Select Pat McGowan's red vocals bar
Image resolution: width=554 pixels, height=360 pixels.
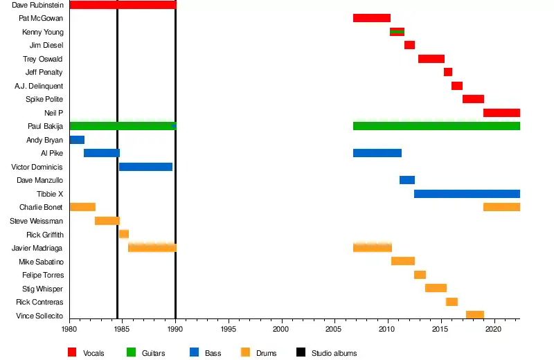point(371,18)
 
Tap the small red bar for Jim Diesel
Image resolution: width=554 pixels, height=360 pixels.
point(409,45)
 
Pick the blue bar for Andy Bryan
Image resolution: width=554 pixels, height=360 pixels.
point(77,140)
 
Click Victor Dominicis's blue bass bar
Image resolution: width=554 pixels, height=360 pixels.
point(145,167)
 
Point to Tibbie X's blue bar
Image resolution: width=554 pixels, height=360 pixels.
point(467,194)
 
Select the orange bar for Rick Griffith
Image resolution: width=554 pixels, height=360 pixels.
point(124,234)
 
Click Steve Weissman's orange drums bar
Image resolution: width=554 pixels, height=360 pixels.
point(107,221)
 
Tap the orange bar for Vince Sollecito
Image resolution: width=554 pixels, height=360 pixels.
point(474,315)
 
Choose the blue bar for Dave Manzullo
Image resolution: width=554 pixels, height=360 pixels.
point(407,180)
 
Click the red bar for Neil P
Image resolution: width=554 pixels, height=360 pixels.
point(501,113)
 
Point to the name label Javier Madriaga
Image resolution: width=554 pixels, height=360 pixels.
point(37,248)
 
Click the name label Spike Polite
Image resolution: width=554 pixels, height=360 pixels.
point(44,99)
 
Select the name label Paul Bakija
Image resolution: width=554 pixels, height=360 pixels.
point(45,126)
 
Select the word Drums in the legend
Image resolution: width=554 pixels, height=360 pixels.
point(266,353)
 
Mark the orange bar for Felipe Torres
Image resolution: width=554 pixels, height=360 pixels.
point(420,275)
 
